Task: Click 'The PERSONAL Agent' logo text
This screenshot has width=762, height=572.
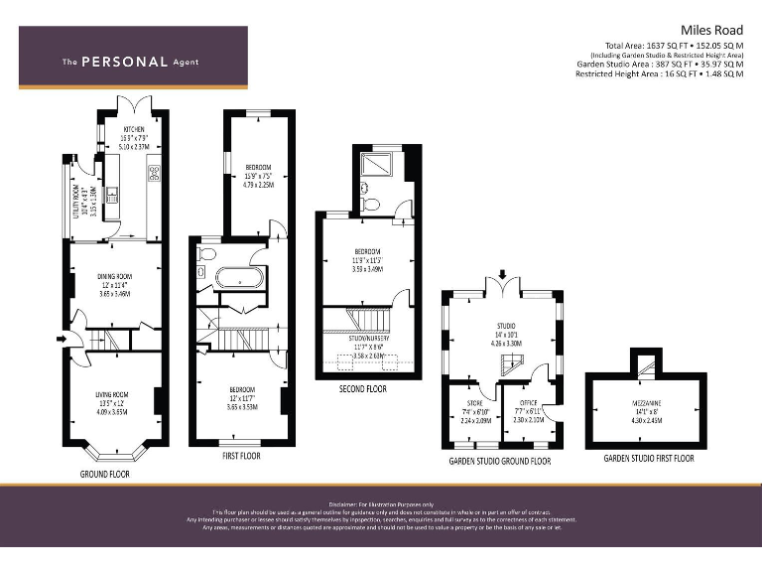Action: coord(130,62)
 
